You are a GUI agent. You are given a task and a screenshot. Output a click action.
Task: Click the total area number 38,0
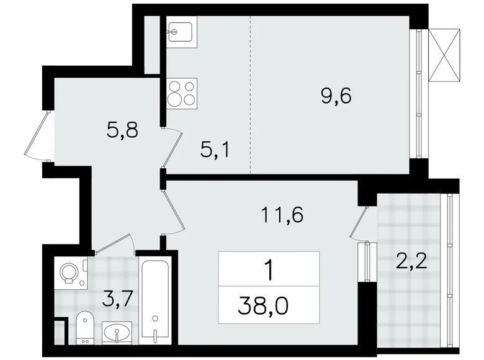pyautogui.click(x=269, y=304)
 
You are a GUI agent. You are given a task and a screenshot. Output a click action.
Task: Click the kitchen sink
pyautogui.click(x=181, y=32)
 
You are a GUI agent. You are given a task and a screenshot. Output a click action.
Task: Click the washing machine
pyautogui.click(x=69, y=274)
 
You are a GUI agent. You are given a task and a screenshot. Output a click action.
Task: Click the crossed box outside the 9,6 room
pyautogui.click(x=446, y=54)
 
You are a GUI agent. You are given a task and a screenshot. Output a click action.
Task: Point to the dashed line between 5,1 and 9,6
pyautogui.click(x=250, y=93)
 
